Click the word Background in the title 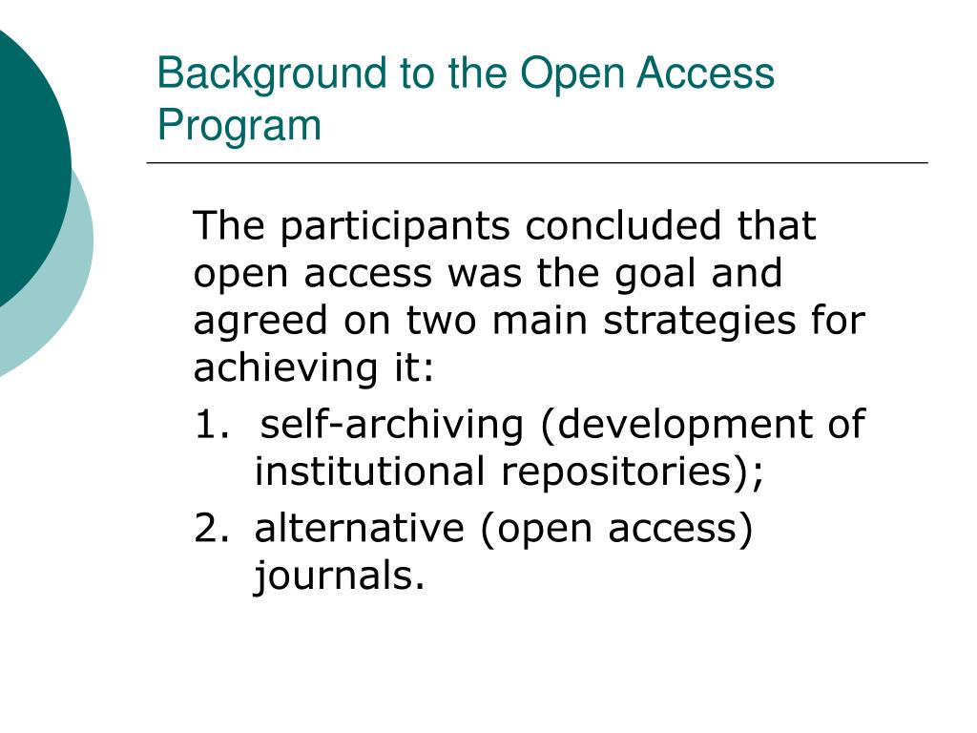click(272, 74)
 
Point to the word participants click(395, 227)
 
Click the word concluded click(623, 225)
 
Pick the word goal click(656, 275)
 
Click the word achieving click(285, 366)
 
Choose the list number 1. click(211, 425)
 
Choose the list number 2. click(212, 528)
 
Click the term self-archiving click(392, 426)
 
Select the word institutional click(369, 471)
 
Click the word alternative click(360, 528)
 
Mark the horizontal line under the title click(537, 162)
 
